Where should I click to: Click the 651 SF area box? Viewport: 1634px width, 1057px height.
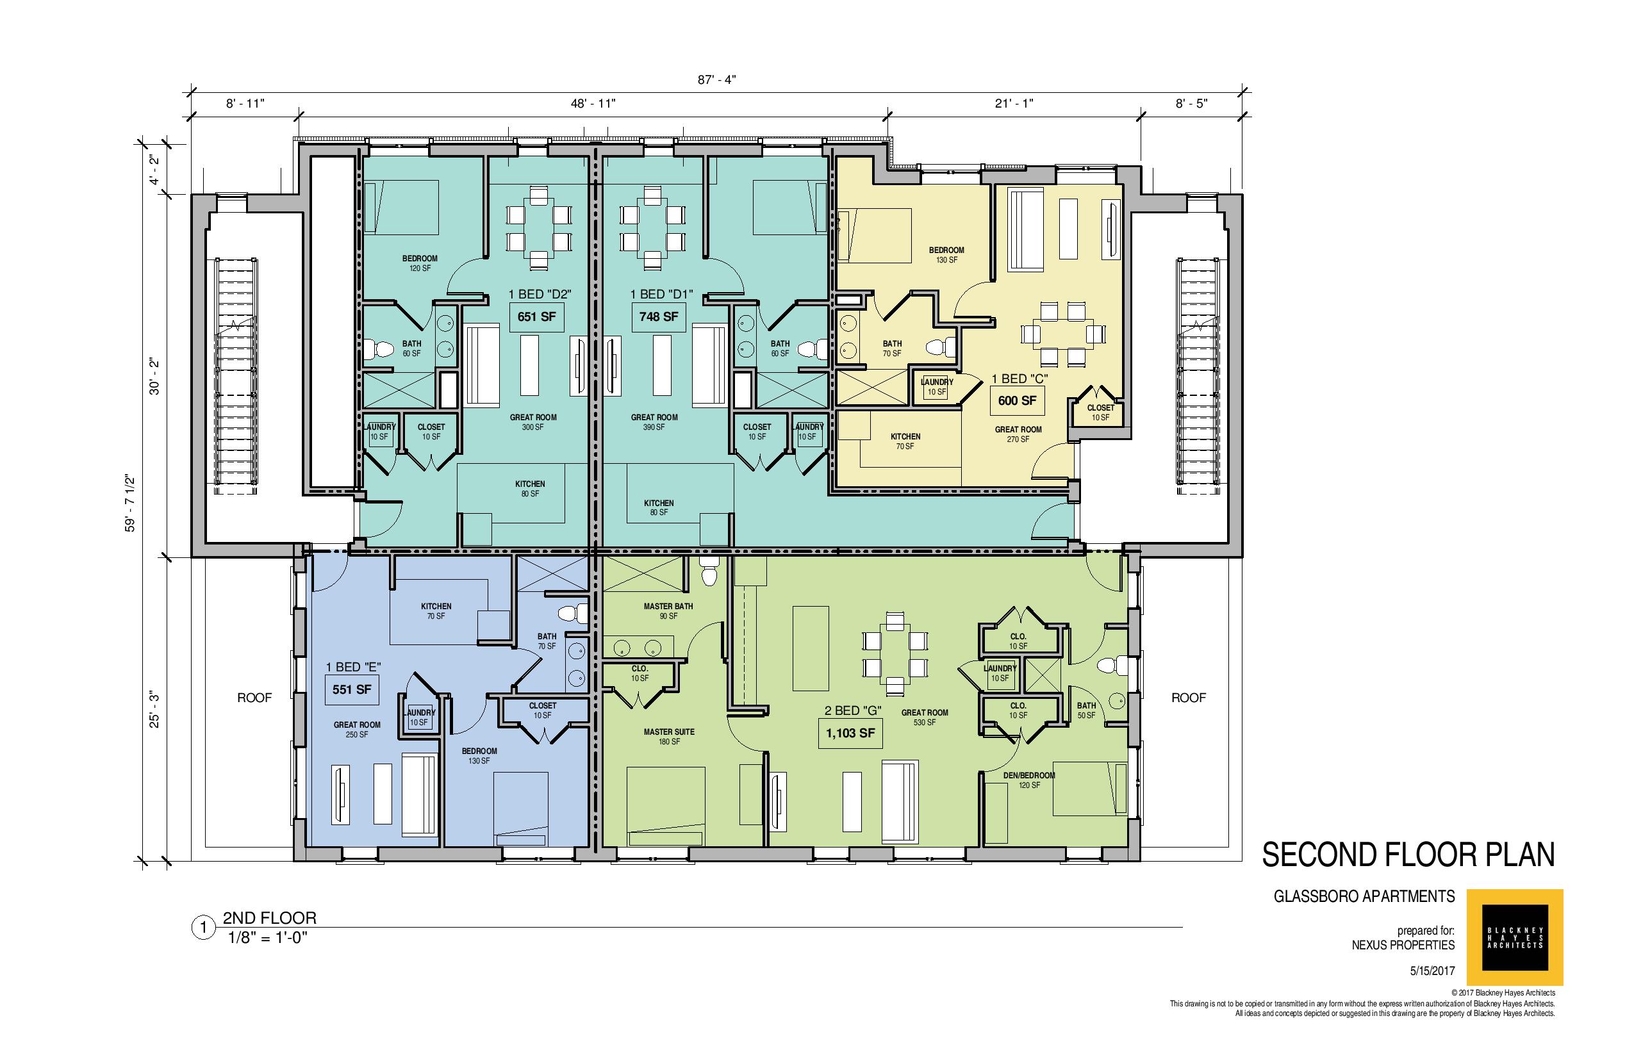536,317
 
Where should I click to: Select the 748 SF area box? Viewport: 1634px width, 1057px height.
659,317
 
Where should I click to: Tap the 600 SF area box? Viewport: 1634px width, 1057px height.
1017,401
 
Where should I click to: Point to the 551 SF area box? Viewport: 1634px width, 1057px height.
352,690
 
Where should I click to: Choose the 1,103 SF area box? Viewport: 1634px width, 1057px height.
850,733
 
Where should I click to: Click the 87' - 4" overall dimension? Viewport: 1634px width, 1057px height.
717,79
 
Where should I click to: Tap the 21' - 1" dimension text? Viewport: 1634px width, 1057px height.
1014,104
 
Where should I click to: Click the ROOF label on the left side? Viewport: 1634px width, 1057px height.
255,698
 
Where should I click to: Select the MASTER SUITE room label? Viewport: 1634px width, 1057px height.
669,732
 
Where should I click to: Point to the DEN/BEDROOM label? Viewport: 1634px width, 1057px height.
1029,776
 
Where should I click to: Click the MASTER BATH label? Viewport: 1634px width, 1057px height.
668,607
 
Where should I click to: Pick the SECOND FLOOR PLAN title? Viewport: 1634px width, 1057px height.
1408,855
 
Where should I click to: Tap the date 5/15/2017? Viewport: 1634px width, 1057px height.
1432,972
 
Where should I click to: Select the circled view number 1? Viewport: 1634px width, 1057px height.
202,929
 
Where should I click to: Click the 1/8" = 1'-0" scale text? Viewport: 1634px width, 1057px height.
268,938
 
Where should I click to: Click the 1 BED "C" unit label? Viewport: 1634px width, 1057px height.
1019,378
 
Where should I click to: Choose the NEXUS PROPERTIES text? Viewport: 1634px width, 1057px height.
1403,945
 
